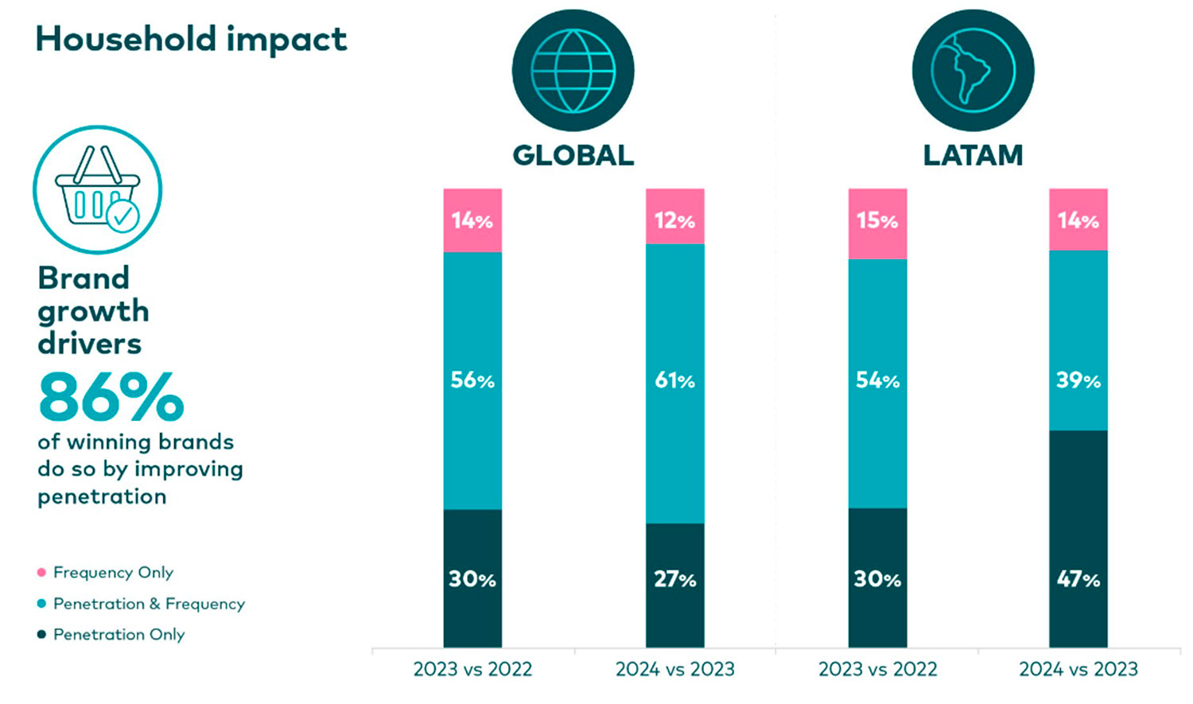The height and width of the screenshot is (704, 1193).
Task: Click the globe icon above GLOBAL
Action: click(573, 71)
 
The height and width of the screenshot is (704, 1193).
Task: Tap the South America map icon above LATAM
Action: click(973, 71)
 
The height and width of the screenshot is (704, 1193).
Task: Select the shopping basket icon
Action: click(97, 189)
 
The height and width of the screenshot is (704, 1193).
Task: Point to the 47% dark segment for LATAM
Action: click(1078, 539)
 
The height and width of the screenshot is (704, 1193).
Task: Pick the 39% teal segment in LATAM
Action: click(1078, 340)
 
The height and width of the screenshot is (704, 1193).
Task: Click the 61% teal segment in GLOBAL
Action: click(674, 383)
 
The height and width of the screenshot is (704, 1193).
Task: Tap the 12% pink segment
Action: click(674, 216)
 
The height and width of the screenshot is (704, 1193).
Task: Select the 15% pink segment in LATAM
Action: click(877, 224)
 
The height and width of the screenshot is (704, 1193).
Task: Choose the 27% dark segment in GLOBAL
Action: click(674, 585)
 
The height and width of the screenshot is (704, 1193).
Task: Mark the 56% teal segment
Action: click(472, 380)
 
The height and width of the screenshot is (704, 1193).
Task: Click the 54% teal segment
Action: click(877, 383)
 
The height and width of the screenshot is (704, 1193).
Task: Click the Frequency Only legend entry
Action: click(112, 572)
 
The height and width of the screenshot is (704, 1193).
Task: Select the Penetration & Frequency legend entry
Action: click(148, 604)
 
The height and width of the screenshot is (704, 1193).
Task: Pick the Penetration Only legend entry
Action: click(119, 634)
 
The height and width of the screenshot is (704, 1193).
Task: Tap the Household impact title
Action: click(191, 39)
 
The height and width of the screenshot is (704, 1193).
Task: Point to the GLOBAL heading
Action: click(573, 155)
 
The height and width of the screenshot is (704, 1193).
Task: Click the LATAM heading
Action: click(973, 155)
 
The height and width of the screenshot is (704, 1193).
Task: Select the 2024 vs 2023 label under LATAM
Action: click(1078, 669)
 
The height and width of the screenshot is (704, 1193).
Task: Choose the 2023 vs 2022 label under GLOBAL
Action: click(472, 669)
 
